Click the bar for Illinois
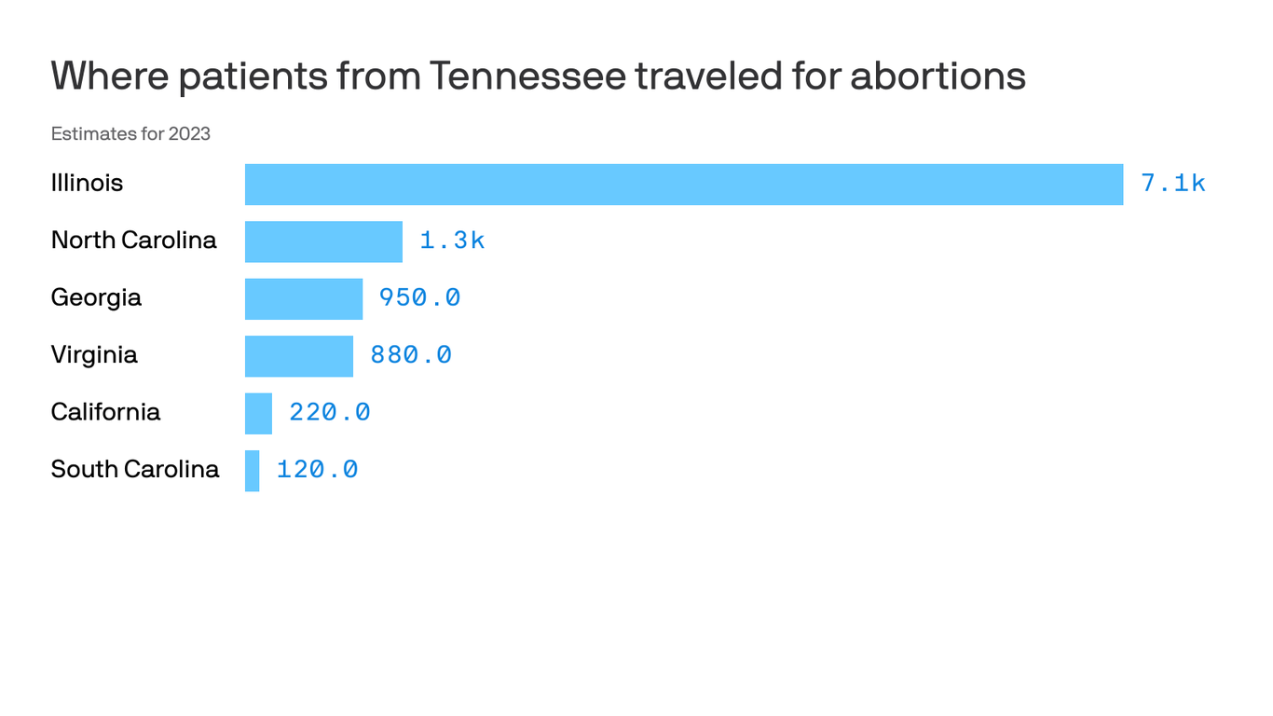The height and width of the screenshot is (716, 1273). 683,185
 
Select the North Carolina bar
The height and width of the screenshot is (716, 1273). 323,241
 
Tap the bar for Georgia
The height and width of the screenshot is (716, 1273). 303,299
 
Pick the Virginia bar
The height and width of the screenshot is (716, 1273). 298,356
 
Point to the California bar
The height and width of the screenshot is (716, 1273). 258,413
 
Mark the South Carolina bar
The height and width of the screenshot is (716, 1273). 252,471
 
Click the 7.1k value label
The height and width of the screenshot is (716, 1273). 1172,184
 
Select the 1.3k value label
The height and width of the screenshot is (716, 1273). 452,241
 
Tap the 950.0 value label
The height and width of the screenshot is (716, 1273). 419,298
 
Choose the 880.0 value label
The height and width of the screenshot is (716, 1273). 411,355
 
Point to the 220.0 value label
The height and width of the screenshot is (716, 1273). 329,412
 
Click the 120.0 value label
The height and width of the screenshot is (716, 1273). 317,470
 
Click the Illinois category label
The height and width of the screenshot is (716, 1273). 87,183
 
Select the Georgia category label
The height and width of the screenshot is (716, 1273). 96,297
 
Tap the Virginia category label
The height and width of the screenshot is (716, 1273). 94,354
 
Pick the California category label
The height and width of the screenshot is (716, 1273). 105,412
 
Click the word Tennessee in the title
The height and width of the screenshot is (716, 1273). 527,76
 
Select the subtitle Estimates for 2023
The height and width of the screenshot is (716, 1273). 130,134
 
